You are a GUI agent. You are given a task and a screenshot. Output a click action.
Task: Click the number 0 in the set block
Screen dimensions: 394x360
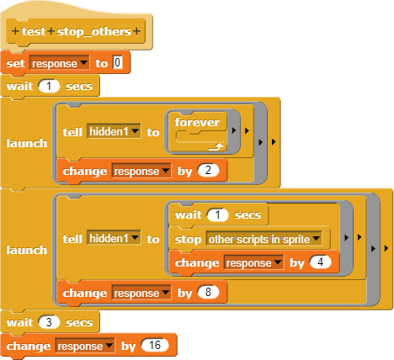(118, 62)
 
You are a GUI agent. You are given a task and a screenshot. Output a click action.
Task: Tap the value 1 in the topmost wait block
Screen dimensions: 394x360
(49, 86)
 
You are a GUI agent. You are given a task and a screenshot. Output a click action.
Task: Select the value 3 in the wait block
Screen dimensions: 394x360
(49, 322)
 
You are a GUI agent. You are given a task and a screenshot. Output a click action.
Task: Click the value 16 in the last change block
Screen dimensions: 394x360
(155, 346)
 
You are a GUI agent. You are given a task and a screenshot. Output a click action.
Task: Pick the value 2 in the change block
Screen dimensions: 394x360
(208, 171)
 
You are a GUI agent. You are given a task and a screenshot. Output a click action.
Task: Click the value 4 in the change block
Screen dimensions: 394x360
(320, 262)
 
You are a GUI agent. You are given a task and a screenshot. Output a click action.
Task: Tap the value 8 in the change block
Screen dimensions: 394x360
(208, 293)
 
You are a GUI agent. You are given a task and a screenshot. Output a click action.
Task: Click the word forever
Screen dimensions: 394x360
(197, 122)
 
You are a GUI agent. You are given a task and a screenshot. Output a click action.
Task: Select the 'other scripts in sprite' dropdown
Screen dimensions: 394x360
(264, 239)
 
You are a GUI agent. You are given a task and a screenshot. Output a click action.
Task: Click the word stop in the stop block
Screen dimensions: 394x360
(188, 240)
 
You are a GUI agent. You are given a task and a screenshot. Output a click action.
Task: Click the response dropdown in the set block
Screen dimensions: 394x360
(60, 63)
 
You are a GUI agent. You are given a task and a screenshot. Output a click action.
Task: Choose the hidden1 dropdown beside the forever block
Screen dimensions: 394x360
(114, 131)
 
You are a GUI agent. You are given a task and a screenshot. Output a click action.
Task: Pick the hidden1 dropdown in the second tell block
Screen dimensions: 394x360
(114, 238)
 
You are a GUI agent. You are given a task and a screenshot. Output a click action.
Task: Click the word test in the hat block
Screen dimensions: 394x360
(34, 31)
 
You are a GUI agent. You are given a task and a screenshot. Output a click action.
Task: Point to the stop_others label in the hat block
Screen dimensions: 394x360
(94, 32)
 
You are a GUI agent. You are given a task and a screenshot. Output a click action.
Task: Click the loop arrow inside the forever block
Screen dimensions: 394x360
(216, 146)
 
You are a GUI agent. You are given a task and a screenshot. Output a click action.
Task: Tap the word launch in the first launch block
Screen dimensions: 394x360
(27, 143)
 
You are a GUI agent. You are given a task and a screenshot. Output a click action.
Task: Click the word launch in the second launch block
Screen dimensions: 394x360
(27, 250)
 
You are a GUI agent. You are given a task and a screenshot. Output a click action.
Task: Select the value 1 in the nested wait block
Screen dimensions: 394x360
(217, 215)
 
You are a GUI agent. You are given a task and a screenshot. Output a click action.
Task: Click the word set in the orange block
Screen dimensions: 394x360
(15, 64)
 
